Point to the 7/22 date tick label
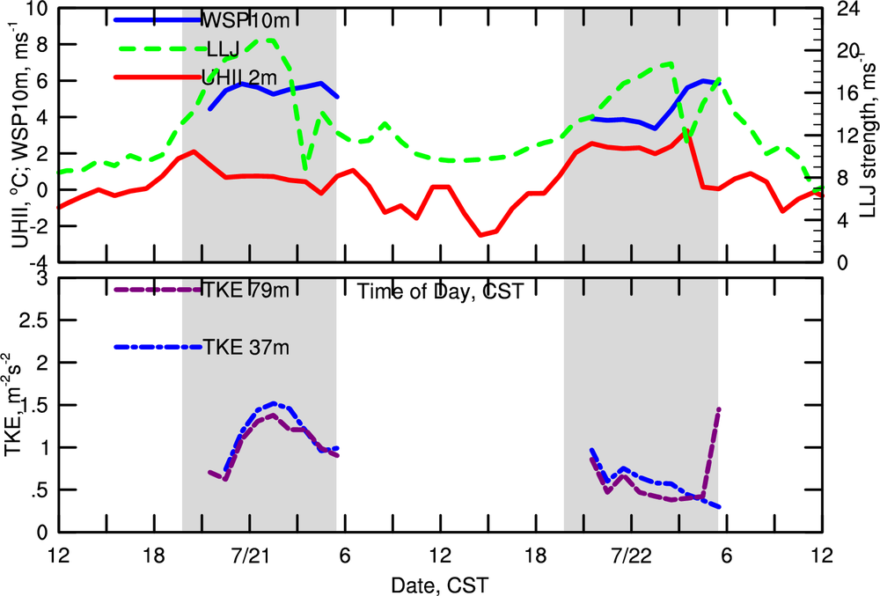(x=631, y=556)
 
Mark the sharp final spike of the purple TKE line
(x=718, y=409)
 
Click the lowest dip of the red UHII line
(x=480, y=235)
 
